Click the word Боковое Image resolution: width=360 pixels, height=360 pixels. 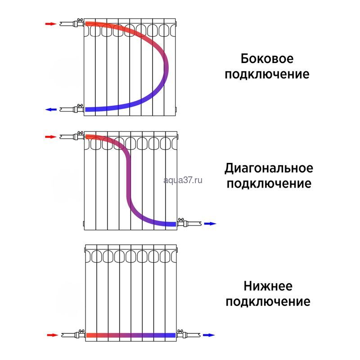(x=267, y=58)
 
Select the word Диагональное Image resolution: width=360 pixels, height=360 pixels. (x=269, y=168)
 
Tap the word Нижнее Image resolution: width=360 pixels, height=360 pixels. (x=268, y=286)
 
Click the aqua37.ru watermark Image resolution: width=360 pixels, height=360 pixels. (x=183, y=180)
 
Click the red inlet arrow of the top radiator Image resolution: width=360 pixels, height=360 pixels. (x=50, y=24)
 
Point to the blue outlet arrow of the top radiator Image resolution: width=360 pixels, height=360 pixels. (x=51, y=109)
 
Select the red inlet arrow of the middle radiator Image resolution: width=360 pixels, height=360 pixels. (x=50, y=137)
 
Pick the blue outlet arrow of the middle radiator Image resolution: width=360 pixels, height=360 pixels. (x=210, y=224)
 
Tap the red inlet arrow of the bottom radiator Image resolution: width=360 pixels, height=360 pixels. (x=53, y=335)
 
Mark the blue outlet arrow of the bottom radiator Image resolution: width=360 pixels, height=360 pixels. (x=209, y=335)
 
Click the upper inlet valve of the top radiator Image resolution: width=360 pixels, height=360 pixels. (x=79, y=23)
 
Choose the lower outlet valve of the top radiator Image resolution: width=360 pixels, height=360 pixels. (x=79, y=108)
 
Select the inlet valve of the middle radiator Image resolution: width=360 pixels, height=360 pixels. (x=79, y=136)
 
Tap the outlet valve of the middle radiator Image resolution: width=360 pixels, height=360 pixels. (x=183, y=223)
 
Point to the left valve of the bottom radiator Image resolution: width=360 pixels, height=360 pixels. (x=80, y=334)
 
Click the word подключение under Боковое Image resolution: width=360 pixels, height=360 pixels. (x=267, y=74)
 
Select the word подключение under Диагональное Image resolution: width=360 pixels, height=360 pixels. (x=269, y=184)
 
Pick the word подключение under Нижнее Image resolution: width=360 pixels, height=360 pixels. (x=268, y=301)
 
